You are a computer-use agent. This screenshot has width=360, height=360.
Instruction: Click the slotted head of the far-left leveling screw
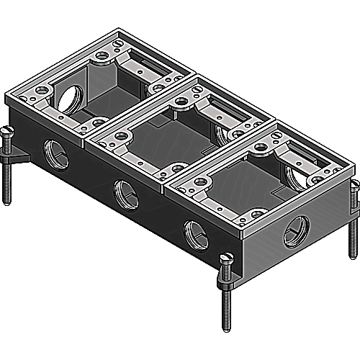pyautogui.click(x=9, y=131)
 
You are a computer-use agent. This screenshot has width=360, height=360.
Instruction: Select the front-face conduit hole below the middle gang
pyautogui.click(x=126, y=193)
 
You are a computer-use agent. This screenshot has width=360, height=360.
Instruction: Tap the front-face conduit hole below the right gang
pyautogui.click(x=196, y=234)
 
